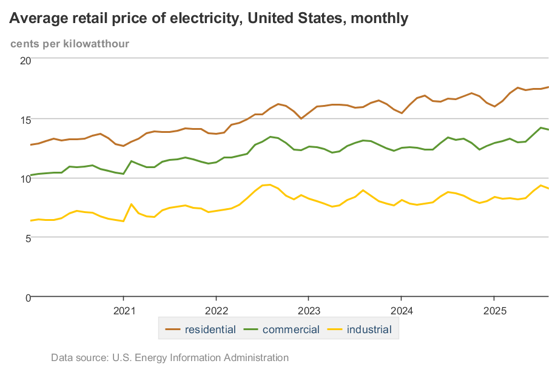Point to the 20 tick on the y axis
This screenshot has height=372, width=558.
click(x=25, y=60)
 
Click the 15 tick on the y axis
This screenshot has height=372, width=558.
click(x=25, y=119)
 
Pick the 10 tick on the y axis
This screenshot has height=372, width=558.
click(x=25, y=178)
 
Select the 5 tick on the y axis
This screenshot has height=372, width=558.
click(x=27, y=238)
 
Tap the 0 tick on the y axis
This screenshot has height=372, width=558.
click(x=27, y=297)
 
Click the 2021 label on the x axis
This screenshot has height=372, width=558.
click(x=124, y=311)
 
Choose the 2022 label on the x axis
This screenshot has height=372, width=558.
click(x=216, y=311)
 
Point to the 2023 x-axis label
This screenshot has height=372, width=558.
click(x=309, y=311)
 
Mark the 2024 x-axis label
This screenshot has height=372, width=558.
click(x=401, y=311)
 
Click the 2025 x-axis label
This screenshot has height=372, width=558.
click(x=494, y=311)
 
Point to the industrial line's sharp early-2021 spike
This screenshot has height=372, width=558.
click(x=132, y=204)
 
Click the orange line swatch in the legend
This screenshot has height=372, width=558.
click(x=173, y=330)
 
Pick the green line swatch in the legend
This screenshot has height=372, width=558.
click(x=252, y=330)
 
